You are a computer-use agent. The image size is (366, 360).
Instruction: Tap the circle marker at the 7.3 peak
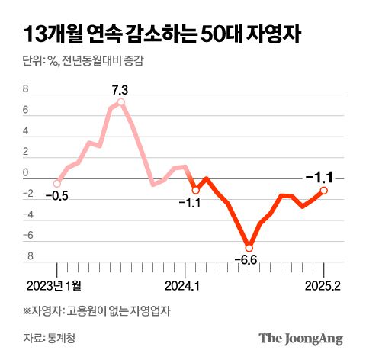121,102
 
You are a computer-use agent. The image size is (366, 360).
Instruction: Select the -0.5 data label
56,196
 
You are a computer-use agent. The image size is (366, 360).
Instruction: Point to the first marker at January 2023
57,183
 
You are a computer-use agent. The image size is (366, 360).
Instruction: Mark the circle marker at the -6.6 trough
249,247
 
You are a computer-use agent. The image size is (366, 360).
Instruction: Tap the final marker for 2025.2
324,191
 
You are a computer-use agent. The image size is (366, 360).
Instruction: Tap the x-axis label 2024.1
182,286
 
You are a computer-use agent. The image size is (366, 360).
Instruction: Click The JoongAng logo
300,338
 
